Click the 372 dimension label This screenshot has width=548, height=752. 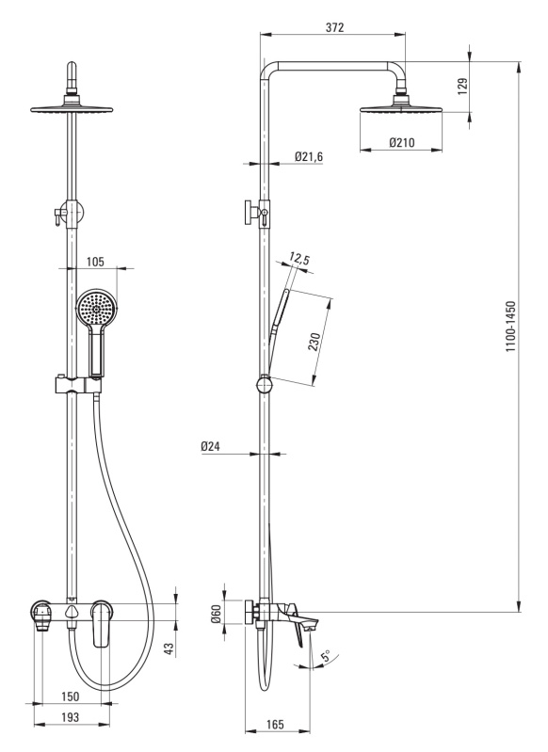(334, 27)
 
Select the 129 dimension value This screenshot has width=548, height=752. (462, 87)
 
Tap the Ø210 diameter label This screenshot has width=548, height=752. (402, 142)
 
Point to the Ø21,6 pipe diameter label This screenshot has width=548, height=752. (309, 156)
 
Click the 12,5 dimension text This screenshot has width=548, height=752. (300, 260)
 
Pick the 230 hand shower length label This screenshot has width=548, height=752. (314, 342)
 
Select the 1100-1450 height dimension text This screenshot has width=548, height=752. (510, 327)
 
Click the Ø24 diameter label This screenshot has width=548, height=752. (210, 446)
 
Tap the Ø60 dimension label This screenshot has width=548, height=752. (216, 614)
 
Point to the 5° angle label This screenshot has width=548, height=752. (326, 656)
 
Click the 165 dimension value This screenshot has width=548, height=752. (275, 724)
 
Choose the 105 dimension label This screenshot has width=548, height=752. (95, 262)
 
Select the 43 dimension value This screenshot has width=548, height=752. (169, 648)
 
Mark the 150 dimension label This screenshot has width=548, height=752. (71, 696)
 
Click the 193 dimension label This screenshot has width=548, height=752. (71, 717)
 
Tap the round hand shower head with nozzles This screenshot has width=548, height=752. (96, 308)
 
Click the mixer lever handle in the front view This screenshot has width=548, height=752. (101, 622)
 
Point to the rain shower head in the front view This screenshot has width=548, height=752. (72, 109)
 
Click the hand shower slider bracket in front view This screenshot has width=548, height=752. (77, 385)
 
